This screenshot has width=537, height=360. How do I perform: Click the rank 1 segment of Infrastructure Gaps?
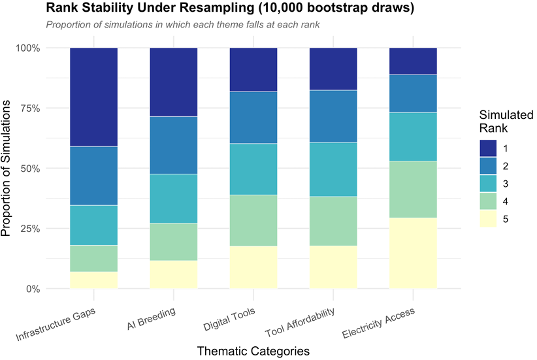[x=94, y=97]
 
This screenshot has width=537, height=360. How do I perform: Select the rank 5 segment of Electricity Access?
[x=413, y=253]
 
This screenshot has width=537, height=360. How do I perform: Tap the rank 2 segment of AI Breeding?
[x=174, y=145]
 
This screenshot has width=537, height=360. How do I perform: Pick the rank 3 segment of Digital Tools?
[x=253, y=169]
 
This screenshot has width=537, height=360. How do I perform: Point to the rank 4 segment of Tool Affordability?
[x=333, y=221]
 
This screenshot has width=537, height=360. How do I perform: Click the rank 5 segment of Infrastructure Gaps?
[x=94, y=280]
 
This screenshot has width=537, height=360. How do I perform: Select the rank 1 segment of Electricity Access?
[x=413, y=61]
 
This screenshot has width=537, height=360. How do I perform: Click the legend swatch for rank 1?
[x=488, y=148]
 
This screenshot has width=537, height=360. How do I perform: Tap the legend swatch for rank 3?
[x=488, y=184]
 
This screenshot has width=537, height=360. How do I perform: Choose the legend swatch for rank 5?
[x=488, y=219]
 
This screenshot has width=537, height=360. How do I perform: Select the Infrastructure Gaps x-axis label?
[x=56, y=324]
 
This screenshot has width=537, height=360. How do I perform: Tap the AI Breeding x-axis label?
[x=151, y=319]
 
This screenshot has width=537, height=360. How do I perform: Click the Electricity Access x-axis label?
[x=378, y=323]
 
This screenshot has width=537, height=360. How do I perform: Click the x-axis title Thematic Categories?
[x=253, y=351]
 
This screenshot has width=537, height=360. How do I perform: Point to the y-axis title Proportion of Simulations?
[x=6, y=168]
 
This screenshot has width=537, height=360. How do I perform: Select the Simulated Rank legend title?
[x=506, y=122]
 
